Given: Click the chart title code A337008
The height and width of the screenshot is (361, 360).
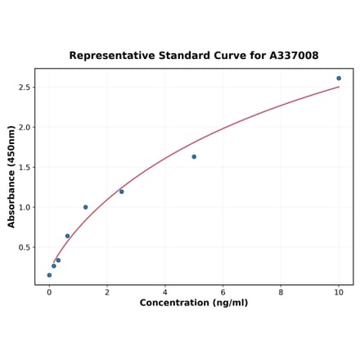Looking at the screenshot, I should point(291,56).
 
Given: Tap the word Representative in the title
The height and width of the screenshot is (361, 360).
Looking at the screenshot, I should point(108,56).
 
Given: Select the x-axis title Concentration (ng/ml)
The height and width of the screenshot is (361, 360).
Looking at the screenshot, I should point(194,303).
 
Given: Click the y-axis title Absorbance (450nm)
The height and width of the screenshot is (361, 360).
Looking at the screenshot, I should point(11,177).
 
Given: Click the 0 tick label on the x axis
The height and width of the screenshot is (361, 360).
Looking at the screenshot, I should point(49,291).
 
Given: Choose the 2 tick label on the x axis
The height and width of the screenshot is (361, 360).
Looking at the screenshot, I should point(107,291).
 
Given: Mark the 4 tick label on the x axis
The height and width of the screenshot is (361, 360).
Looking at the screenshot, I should point(165,291).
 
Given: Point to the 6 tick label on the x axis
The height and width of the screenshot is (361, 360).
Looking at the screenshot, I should point(223,291).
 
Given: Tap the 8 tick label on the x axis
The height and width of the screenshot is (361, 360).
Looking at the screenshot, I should point(281,291).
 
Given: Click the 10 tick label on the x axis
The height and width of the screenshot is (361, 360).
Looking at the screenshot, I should point(339,291).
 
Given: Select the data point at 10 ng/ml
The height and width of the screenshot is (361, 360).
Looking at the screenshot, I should point(339,79).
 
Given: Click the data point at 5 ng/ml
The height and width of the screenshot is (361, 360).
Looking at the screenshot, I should point(194,156).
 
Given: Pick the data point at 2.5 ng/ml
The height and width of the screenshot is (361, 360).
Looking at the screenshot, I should point(122,192).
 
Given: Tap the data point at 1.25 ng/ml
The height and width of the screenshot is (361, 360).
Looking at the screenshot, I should point(85,207).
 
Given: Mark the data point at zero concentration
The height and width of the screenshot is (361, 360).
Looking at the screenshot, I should point(49,275).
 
